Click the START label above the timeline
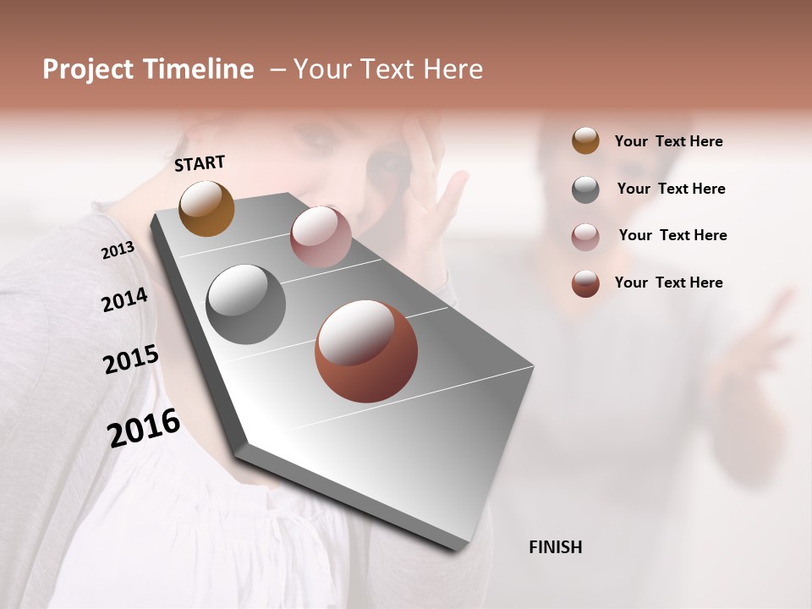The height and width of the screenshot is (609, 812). (200, 163)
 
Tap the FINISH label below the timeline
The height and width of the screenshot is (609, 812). (555, 547)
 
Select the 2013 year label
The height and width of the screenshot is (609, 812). (118, 250)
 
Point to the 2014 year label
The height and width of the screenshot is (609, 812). (124, 299)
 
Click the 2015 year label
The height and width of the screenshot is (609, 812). (131, 359)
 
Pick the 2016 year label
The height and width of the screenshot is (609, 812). (144, 427)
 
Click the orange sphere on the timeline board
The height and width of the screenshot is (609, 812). (206, 208)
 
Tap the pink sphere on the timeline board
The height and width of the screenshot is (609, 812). (321, 237)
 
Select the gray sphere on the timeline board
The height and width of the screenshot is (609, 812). (246, 304)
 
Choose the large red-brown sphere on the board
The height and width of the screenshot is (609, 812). (366, 351)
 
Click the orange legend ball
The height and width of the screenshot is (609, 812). (585, 141)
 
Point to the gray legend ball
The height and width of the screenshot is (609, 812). (585, 189)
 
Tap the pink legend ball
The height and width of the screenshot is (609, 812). (585, 237)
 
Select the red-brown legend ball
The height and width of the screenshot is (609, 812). (585, 283)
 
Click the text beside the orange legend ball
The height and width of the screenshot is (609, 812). (668, 141)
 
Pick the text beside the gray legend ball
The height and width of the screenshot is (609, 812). (671, 189)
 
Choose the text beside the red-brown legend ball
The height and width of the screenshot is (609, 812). (668, 283)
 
